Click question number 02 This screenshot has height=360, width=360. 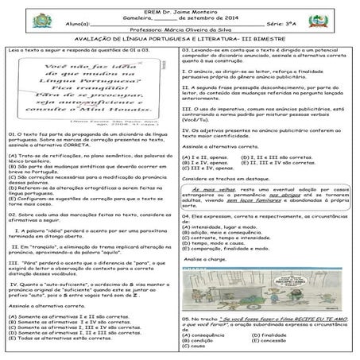tap(10, 214)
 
